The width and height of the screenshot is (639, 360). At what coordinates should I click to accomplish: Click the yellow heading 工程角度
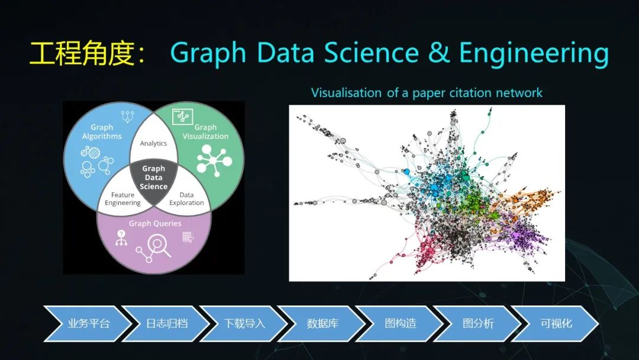click(x=82, y=53)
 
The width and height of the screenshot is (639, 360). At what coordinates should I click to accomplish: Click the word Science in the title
click(x=371, y=53)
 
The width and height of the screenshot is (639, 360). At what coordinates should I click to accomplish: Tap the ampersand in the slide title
click(x=438, y=53)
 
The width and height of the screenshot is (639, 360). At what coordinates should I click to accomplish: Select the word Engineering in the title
click(x=534, y=54)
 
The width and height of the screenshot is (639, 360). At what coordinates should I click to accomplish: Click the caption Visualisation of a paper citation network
click(x=427, y=93)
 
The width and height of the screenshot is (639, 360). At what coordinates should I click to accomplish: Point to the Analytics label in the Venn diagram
click(x=153, y=143)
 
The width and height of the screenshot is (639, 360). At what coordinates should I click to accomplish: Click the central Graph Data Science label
click(x=154, y=178)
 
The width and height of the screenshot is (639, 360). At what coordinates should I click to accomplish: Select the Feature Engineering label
click(x=122, y=199)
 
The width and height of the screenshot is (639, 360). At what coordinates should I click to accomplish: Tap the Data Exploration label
click(x=186, y=199)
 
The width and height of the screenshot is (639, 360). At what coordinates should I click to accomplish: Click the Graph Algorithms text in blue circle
click(x=102, y=131)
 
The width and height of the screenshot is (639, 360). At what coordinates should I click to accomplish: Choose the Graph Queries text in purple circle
click(x=155, y=223)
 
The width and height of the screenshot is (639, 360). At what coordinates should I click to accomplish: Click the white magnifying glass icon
click(x=159, y=246)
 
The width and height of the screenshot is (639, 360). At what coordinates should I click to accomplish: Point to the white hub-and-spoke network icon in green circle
click(x=214, y=160)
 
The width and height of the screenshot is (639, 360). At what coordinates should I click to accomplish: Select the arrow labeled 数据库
click(x=322, y=324)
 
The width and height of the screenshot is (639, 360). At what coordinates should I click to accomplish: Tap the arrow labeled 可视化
click(x=556, y=324)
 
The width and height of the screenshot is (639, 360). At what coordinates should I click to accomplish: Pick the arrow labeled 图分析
click(x=477, y=324)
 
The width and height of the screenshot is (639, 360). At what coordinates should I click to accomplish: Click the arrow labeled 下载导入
click(x=244, y=324)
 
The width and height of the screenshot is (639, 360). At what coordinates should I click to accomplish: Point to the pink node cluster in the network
click(x=428, y=249)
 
